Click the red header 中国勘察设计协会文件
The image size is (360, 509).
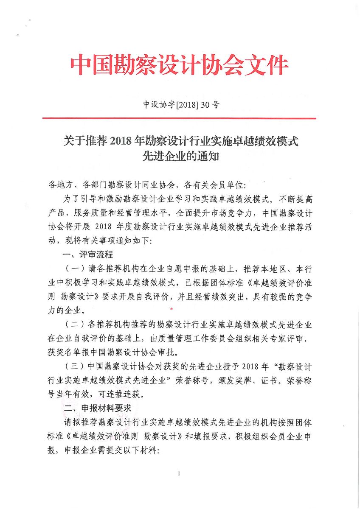click(179, 66)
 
